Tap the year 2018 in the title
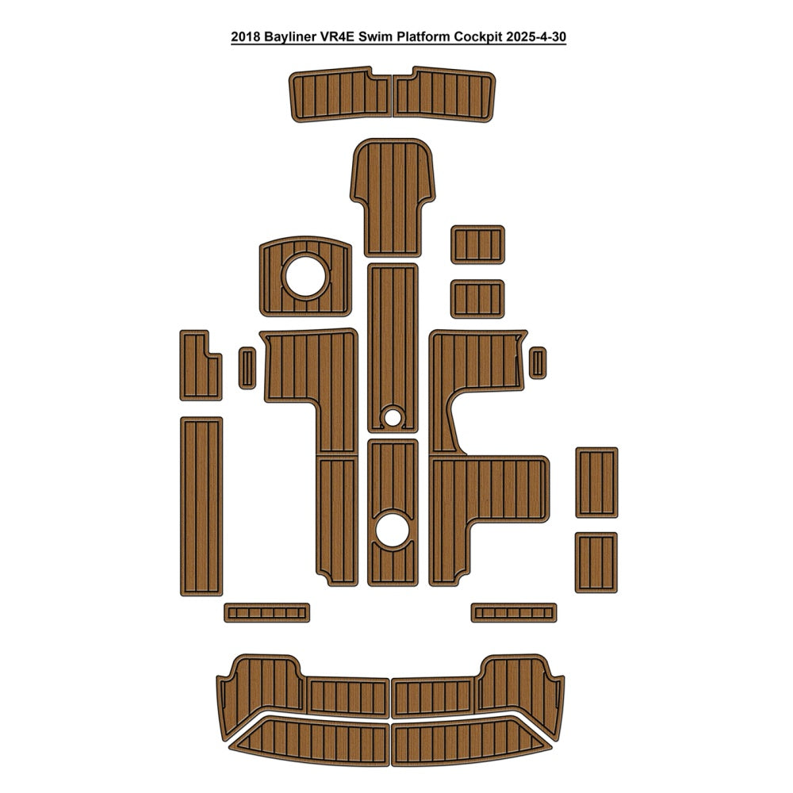pos(245,37)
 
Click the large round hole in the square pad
pos(305,276)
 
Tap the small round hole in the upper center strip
pos(393,417)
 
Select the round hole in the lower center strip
pos(393,530)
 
